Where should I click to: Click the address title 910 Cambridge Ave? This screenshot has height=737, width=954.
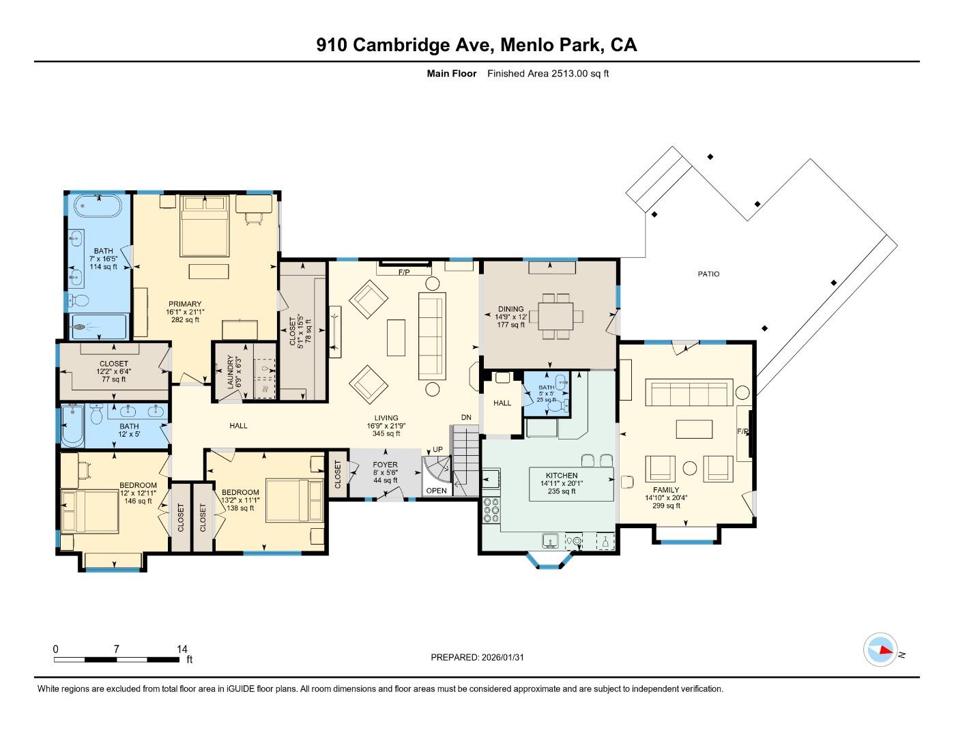(x=476, y=45)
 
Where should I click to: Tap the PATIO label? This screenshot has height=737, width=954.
(x=708, y=274)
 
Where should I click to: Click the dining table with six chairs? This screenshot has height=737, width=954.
(x=560, y=316)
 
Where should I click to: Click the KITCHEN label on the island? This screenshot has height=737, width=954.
(x=562, y=476)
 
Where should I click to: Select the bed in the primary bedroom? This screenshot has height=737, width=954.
(x=205, y=225)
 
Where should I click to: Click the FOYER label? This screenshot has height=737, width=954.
(x=385, y=465)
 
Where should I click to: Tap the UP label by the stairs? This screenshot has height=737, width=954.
(x=437, y=450)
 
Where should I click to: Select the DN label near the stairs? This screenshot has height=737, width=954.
(x=466, y=418)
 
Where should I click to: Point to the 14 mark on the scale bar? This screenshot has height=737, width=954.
(x=182, y=650)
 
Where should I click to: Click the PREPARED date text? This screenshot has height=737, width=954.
(x=477, y=657)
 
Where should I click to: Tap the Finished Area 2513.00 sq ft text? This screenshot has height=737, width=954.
(x=548, y=74)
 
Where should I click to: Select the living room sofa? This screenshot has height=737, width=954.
(x=431, y=336)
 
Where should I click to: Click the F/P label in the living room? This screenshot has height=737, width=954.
(x=404, y=272)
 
